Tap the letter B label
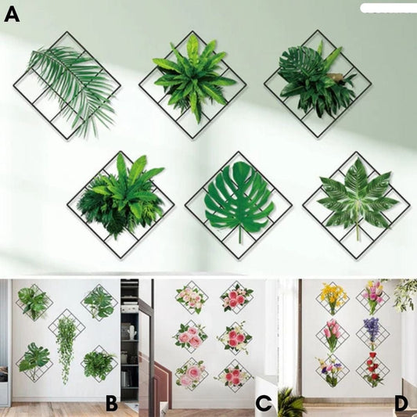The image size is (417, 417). (x=111, y=404)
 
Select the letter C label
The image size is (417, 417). (x=264, y=404)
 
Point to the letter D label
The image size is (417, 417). (x=401, y=404)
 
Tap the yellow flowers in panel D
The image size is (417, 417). (x=333, y=297)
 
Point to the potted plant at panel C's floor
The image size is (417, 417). (x=291, y=403)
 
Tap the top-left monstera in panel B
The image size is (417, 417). (x=34, y=301)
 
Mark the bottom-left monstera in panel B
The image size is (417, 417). (x=34, y=360)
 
